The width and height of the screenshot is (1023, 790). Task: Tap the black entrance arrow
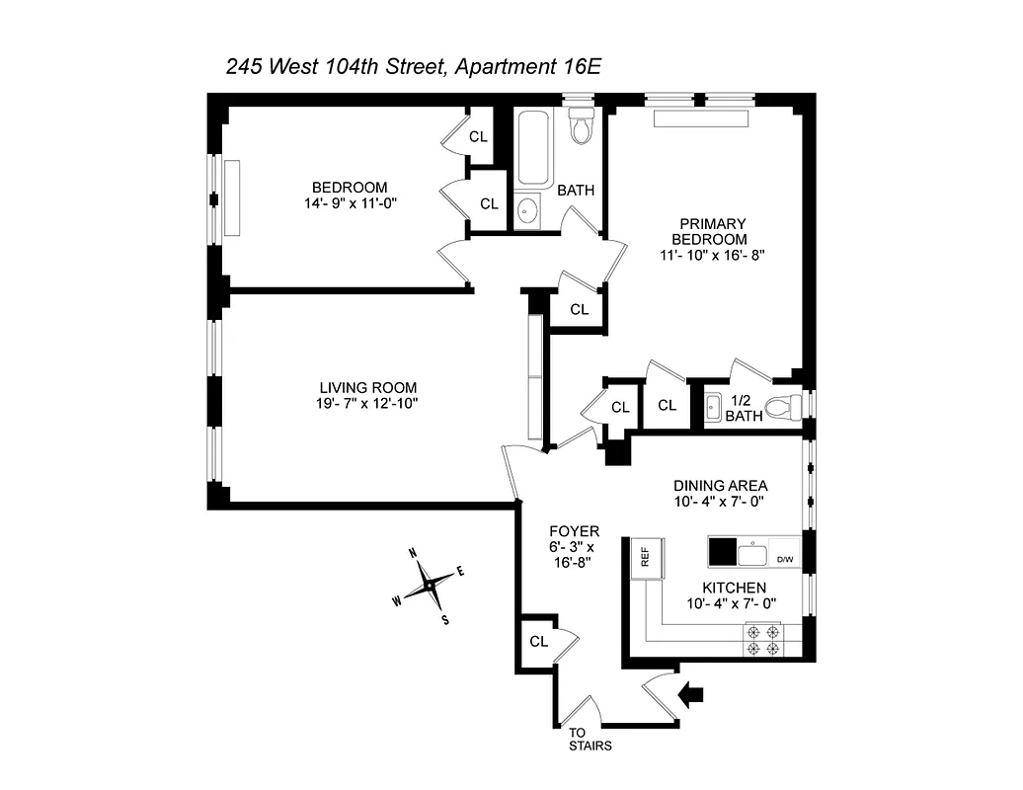click(x=692, y=695)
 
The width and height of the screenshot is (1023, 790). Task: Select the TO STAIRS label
click(x=590, y=740)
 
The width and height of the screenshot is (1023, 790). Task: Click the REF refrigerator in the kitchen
click(x=645, y=557)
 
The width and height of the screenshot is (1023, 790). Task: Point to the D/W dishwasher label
click(x=785, y=560)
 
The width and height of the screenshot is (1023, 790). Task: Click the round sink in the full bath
click(x=528, y=210)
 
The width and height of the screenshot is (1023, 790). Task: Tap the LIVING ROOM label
click(x=367, y=388)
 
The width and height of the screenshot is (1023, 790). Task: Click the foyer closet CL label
click(x=538, y=641)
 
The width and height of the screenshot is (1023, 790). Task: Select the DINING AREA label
click(x=720, y=485)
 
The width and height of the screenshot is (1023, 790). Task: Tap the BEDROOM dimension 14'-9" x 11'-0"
click(x=350, y=203)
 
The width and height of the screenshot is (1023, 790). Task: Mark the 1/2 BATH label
click(x=744, y=409)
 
